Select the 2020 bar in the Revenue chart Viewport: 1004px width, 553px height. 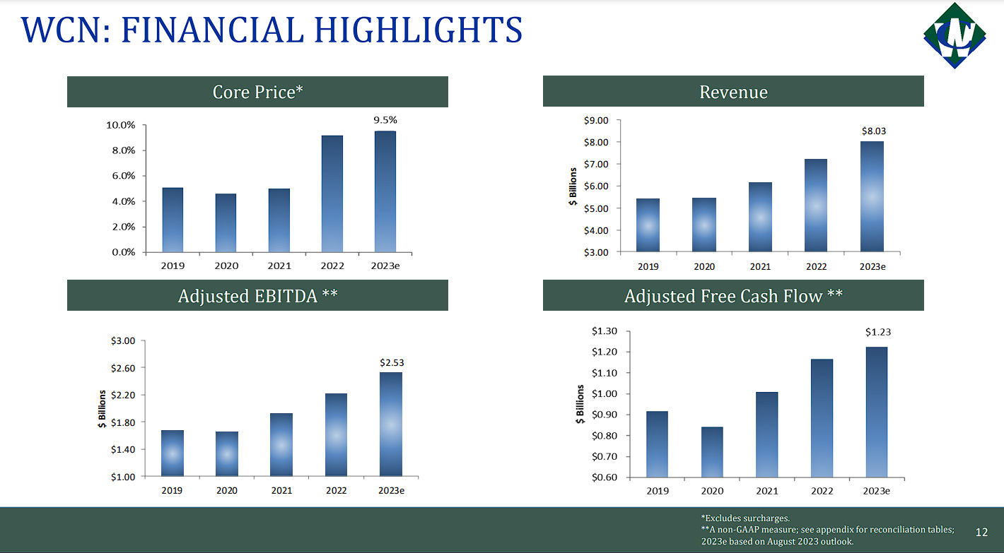click(x=704, y=225)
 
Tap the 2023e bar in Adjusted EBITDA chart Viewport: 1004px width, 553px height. click(x=391, y=424)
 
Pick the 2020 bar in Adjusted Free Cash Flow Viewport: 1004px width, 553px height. click(x=712, y=452)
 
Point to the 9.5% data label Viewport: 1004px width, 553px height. click(x=385, y=120)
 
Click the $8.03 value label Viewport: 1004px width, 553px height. click(x=873, y=131)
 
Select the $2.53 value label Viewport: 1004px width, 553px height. click(x=392, y=362)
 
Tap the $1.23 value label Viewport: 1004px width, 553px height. click(x=877, y=332)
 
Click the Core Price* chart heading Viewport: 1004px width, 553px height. click(x=257, y=92)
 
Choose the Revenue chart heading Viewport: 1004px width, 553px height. click(x=733, y=92)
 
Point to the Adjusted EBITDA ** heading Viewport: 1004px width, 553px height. click(x=257, y=296)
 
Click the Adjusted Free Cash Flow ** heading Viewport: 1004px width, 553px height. click(x=733, y=296)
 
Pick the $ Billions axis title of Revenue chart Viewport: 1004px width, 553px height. click(x=573, y=186)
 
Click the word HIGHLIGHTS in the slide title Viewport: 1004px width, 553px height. click(x=418, y=30)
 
